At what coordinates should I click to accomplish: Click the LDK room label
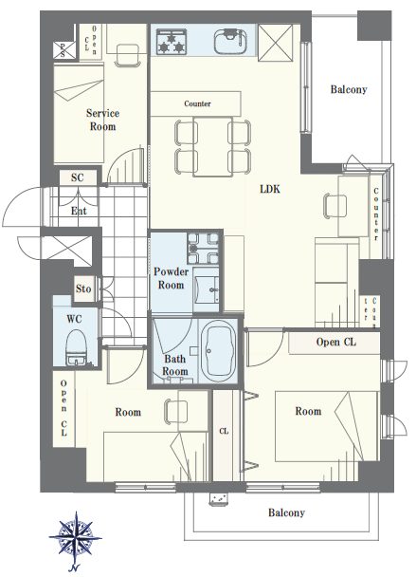tap(270, 189)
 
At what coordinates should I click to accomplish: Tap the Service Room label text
tap(103, 120)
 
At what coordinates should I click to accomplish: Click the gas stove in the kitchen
tap(172, 42)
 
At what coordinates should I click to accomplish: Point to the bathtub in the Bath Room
tap(218, 350)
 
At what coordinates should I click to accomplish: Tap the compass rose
tap(76, 538)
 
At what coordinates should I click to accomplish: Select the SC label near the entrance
tap(78, 177)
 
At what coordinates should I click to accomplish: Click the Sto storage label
tap(83, 288)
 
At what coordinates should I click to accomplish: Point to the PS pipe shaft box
tap(63, 49)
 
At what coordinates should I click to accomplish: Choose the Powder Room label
tap(171, 278)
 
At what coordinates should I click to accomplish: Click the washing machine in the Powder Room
tap(203, 249)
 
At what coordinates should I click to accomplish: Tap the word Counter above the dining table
tap(197, 103)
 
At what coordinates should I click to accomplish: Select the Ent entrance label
tap(79, 211)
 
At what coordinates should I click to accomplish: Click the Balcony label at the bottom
tap(286, 512)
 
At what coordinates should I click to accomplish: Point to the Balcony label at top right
tap(349, 89)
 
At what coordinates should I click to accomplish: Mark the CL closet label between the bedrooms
tap(224, 431)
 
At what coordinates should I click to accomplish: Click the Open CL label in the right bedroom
tap(335, 343)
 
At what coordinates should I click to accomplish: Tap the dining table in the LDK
tap(212, 146)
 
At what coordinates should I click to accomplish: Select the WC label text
tap(75, 319)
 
